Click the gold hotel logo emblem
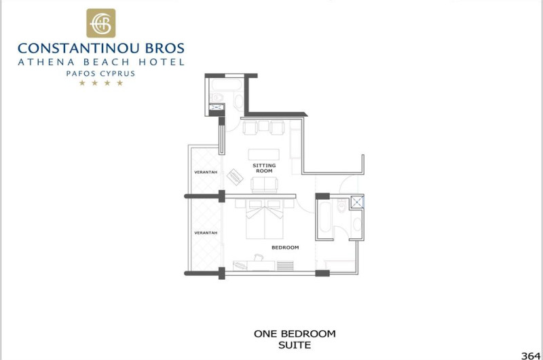(x=100, y=23)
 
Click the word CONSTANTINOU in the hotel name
(x=79, y=48)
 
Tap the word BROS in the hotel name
(x=165, y=48)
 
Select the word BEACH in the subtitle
(x=107, y=62)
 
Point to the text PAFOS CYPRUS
(x=100, y=74)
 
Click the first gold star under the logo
(x=82, y=83)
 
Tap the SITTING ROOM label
(x=264, y=168)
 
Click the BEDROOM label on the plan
(x=285, y=247)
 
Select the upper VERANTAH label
(x=206, y=173)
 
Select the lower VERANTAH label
(x=206, y=233)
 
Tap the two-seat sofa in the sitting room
(x=264, y=184)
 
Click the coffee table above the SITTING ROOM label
(x=264, y=155)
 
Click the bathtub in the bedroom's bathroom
(x=325, y=218)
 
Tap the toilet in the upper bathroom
(x=217, y=97)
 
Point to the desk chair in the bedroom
(x=259, y=257)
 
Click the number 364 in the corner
(x=531, y=356)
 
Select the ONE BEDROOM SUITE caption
(x=295, y=339)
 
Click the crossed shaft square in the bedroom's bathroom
(x=357, y=202)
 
